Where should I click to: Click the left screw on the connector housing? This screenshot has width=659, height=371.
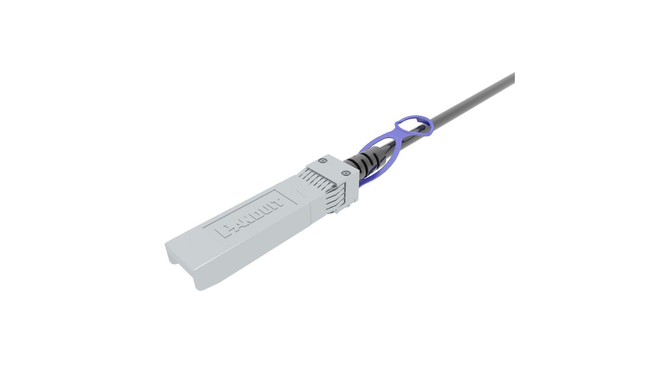[323, 161]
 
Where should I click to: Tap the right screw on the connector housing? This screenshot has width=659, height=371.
[346, 173]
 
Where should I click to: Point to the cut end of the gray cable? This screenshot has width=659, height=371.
[514, 78]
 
